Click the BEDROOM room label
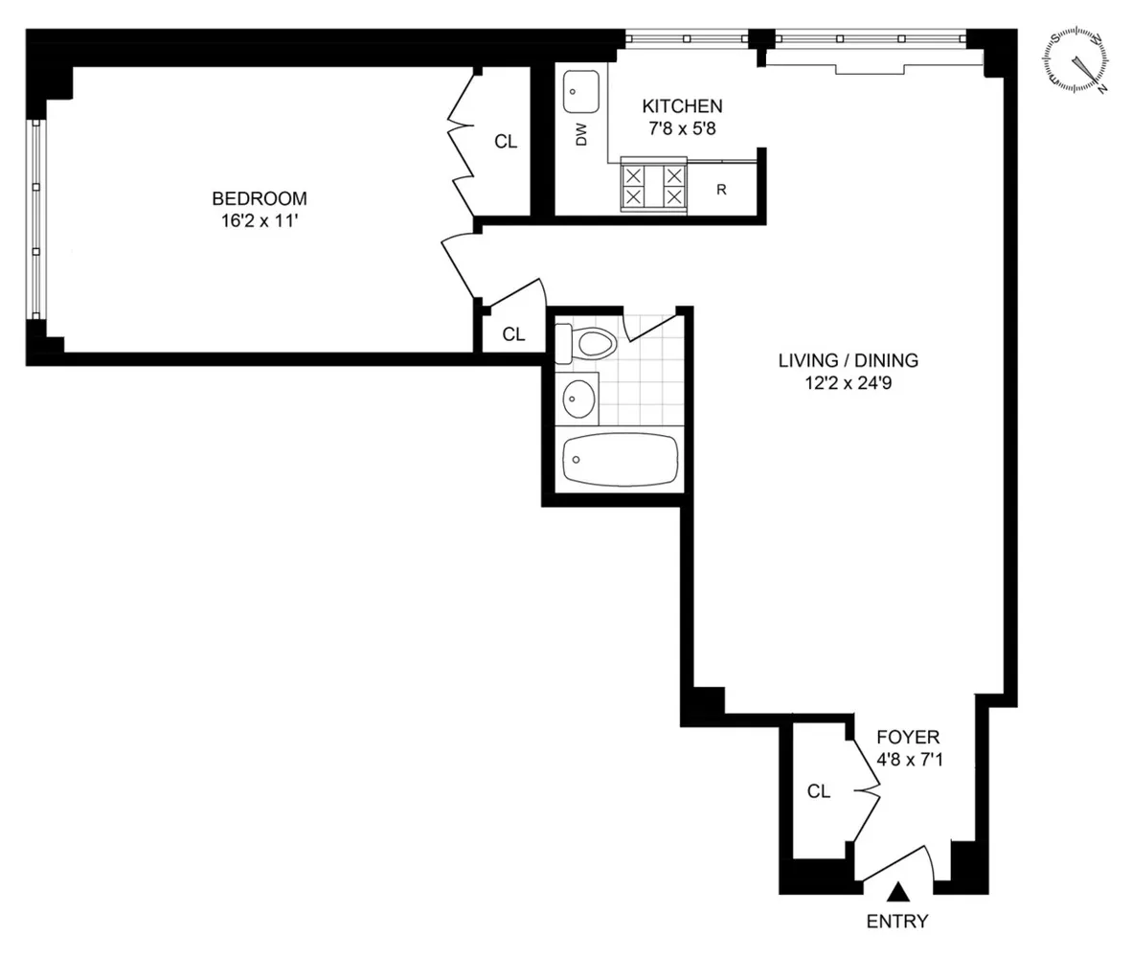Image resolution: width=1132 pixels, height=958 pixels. [x=260, y=199]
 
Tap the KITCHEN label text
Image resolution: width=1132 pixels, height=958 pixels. [x=682, y=106]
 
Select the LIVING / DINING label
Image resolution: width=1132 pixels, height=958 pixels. [x=848, y=361]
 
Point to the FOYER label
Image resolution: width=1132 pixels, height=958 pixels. [x=909, y=738]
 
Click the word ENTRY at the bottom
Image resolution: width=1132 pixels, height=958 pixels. [x=897, y=923]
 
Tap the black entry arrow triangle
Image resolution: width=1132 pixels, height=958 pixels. [x=897, y=893]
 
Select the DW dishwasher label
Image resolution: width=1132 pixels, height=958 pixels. [x=580, y=136]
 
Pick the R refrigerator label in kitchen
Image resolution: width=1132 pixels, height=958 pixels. [x=721, y=189]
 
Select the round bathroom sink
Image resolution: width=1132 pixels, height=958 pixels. [x=578, y=398]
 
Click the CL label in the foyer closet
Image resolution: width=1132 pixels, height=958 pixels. [x=818, y=792]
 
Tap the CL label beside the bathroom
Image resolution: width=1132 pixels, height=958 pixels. [x=514, y=334]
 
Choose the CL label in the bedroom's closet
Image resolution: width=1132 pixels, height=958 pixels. [x=506, y=142]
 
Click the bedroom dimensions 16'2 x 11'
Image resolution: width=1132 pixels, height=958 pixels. [x=260, y=220]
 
